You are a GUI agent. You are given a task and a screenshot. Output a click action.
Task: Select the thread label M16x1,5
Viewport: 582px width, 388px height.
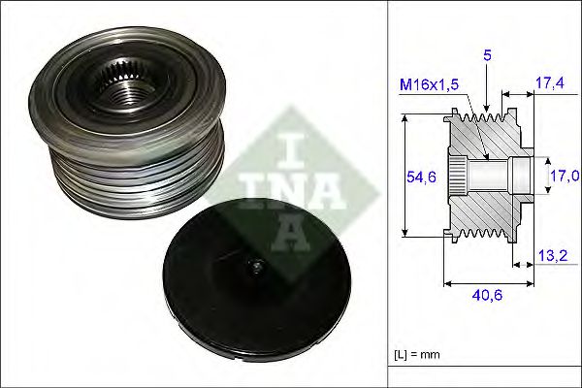(429, 86)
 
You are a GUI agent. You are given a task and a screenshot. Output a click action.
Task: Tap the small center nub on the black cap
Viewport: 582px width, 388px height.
(255, 269)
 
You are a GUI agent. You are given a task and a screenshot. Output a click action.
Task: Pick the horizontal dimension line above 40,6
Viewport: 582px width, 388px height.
(488, 284)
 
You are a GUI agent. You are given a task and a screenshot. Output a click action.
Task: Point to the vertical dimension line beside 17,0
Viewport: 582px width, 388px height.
(542, 176)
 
